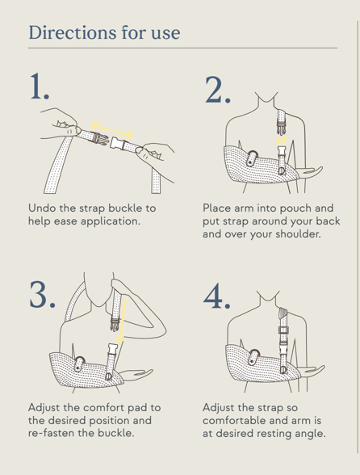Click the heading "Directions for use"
(104, 32)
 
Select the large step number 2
(218, 90)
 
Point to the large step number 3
(43, 294)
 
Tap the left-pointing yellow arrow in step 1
(100, 126)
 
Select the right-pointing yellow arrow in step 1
(123, 133)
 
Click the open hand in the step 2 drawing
(311, 170)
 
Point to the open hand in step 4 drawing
(312, 370)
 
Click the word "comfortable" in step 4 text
(234, 420)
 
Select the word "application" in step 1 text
(111, 221)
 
